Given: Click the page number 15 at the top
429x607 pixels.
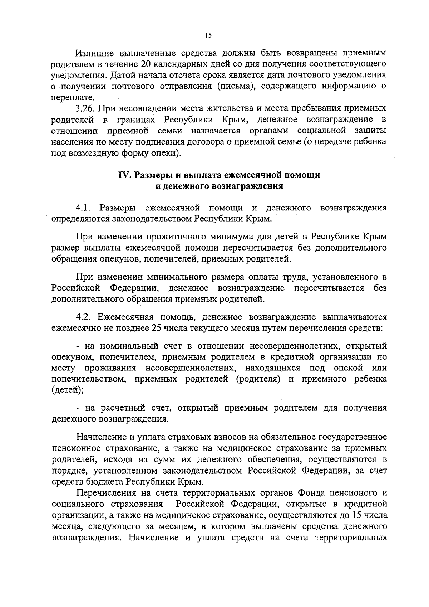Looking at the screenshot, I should click(208, 35).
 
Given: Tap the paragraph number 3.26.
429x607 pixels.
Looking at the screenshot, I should click(85, 108).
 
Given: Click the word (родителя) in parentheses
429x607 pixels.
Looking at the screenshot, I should click(258, 379).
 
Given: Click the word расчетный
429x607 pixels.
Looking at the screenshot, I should click(126, 408).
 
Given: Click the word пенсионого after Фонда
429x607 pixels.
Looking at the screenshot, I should click(347, 493).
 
